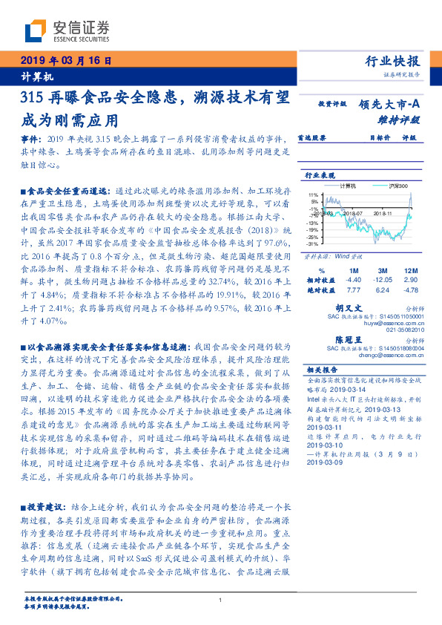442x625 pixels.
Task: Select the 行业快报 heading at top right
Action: click(392, 62)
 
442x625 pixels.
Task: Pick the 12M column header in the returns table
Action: click(409, 269)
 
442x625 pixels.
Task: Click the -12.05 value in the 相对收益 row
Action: click(382, 279)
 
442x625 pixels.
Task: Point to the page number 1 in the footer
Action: click(221, 601)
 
